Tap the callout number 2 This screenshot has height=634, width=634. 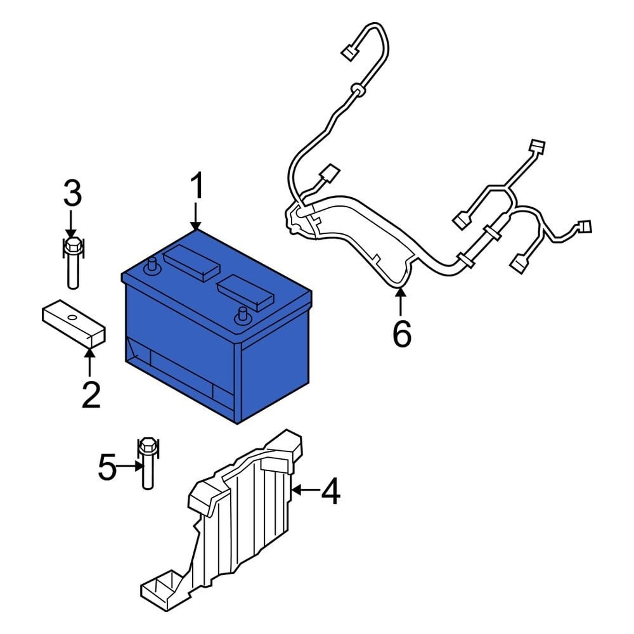pyautogui.click(x=90, y=394)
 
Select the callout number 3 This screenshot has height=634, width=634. pyautogui.click(x=72, y=193)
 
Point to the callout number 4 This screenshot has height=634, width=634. pyautogui.click(x=330, y=491)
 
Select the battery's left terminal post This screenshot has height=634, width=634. pyautogui.click(x=151, y=267)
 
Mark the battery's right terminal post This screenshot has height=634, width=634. pyautogui.click(x=242, y=314)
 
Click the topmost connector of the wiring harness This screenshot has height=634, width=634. pyautogui.click(x=348, y=53)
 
